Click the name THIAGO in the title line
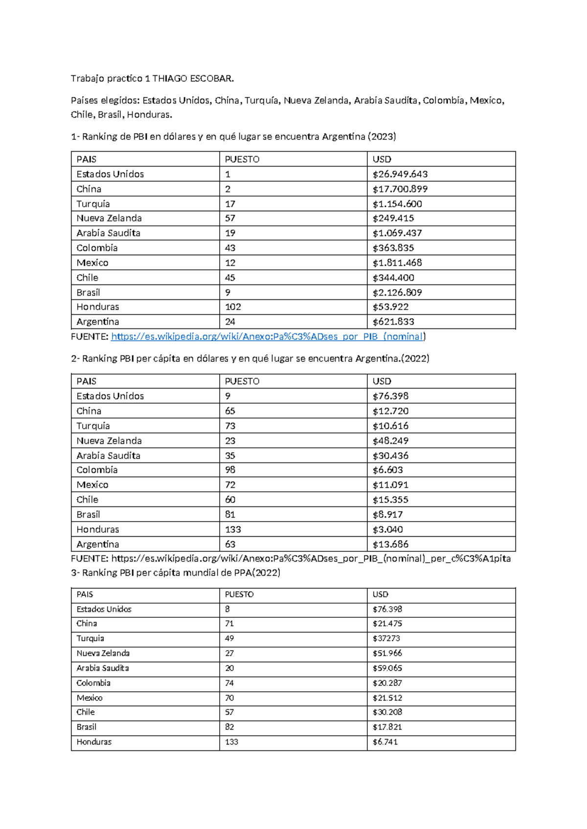point(170,78)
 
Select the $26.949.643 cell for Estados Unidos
point(400,174)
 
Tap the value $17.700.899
point(400,189)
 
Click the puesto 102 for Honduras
point(233,307)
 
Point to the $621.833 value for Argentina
point(393,322)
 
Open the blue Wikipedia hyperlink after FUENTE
point(267,336)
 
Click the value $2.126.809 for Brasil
point(397,292)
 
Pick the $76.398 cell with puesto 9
point(390,396)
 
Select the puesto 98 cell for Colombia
point(230,470)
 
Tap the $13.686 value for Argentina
point(390,544)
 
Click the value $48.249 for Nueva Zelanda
point(390,440)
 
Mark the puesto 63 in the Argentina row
point(230,544)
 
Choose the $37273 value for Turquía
point(386,638)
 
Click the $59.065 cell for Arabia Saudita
point(387,668)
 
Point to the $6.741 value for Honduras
point(385,742)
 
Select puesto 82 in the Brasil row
point(229,727)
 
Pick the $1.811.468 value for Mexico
point(397,262)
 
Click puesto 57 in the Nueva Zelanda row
point(230,218)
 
